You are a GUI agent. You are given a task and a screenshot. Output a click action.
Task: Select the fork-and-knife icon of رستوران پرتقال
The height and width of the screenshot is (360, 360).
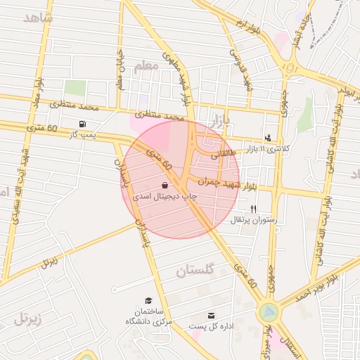(x=254, y=209)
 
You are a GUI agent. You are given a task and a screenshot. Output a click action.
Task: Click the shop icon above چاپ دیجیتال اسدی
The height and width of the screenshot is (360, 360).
(x=174, y=185)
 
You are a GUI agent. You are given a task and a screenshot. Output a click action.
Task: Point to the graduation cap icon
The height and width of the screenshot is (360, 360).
(x=148, y=300)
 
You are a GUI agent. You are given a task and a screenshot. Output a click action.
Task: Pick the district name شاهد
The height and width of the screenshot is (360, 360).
(x=38, y=18)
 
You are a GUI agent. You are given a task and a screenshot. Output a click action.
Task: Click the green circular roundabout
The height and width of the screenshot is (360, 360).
(x=268, y=311)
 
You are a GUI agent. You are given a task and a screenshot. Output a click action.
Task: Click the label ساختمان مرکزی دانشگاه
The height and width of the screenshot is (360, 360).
(x=147, y=316)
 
